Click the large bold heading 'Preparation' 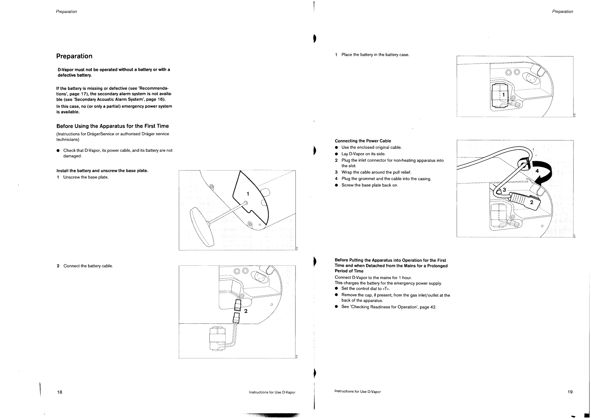point(74,56)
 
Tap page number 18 point(59,392)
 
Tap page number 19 point(570,392)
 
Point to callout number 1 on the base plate point(248,194)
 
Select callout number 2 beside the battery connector point(246,311)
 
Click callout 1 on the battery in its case point(503,95)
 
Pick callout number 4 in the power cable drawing point(537,171)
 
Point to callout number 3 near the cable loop point(504,190)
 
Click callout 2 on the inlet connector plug point(532,202)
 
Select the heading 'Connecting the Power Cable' point(363,141)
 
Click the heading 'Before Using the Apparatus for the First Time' point(112,126)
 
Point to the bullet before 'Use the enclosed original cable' point(337,148)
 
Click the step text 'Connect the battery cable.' point(88,266)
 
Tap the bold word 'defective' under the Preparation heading point(66,75)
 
